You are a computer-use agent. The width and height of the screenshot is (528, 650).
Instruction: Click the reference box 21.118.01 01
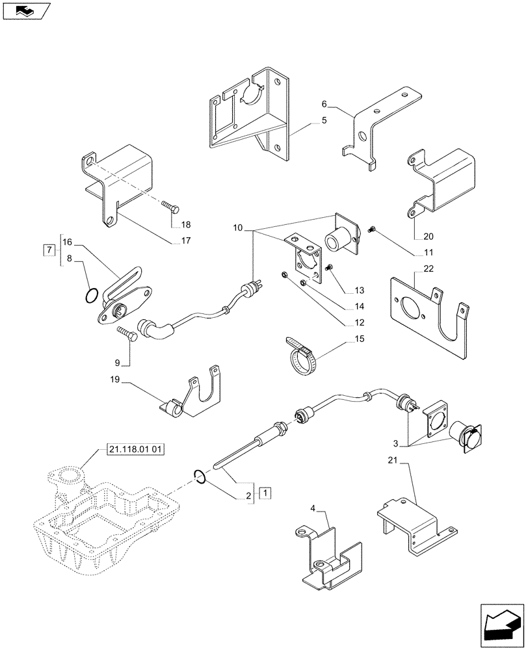[133, 449]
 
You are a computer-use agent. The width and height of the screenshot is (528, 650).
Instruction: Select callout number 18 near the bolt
[186, 225]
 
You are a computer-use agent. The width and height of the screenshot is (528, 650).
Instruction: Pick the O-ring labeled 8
[92, 296]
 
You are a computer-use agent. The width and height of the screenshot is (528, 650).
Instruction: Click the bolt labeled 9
[127, 333]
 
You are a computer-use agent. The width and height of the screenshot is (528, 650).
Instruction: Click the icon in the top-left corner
[26, 10]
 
